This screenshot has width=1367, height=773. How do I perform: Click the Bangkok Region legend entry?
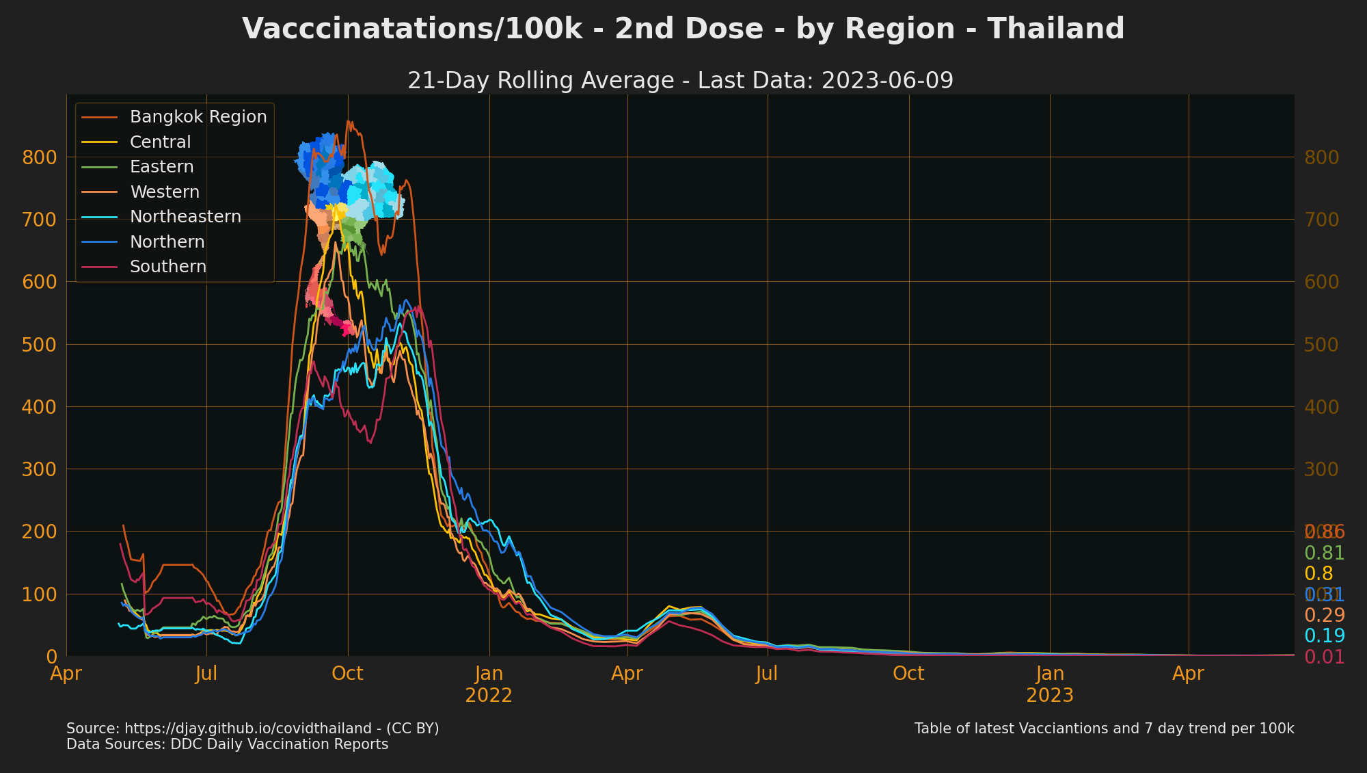pyautogui.click(x=198, y=117)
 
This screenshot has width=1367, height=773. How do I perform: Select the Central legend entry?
pyautogui.click(x=160, y=142)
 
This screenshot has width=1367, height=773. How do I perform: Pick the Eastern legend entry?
pyautogui.click(x=161, y=167)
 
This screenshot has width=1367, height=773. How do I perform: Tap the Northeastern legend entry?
pyautogui.click(x=185, y=217)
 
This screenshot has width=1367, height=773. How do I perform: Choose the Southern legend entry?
pyautogui.click(x=167, y=267)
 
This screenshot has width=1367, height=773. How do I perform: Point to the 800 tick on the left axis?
pyautogui.click(x=39, y=157)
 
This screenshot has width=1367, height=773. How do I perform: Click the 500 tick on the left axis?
pyautogui.click(x=39, y=345)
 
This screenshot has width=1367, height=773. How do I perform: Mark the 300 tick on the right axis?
pyautogui.click(x=1321, y=469)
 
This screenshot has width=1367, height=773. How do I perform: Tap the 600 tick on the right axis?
pyautogui.click(x=1321, y=282)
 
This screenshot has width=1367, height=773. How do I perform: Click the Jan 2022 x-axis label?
pyautogui.click(x=489, y=685)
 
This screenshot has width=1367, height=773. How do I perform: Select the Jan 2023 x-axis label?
pyautogui.click(x=1050, y=685)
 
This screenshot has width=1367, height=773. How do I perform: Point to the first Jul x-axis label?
pyautogui.click(x=206, y=674)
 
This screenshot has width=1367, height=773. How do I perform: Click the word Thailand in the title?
pyautogui.click(x=1055, y=29)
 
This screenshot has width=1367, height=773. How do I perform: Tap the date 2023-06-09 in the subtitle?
pyautogui.click(x=887, y=81)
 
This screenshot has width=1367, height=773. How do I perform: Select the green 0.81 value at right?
pyautogui.click(x=1324, y=553)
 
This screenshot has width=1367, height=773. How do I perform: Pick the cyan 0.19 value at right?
pyautogui.click(x=1324, y=636)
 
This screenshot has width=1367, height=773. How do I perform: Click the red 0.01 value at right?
pyautogui.click(x=1324, y=657)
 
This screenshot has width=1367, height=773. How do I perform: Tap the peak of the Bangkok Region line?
pyautogui.click(x=348, y=122)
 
